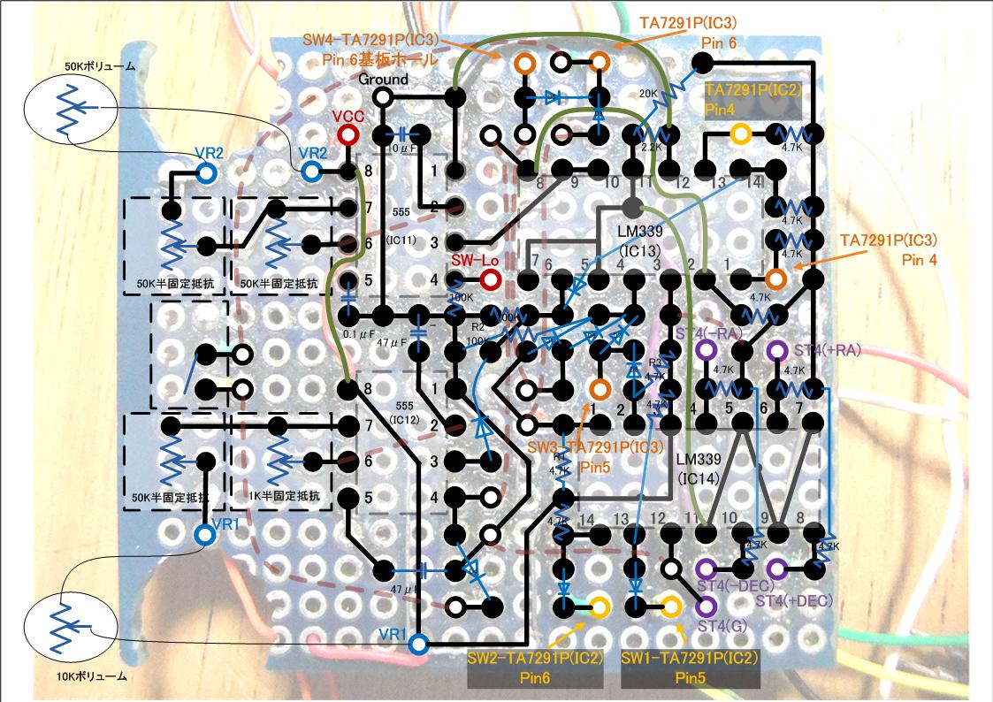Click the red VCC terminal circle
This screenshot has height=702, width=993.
[x=348, y=135]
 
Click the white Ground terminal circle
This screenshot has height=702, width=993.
[x=384, y=98]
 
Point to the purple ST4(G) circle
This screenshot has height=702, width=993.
[x=706, y=607]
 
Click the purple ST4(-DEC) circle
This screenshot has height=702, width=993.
[x=706, y=568]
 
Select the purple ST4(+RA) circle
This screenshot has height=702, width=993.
[x=777, y=351]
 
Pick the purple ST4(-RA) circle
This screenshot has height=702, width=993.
[x=706, y=351]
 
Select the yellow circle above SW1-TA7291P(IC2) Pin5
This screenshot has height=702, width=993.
[x=670, y=607]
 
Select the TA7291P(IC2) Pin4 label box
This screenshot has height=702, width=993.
[x=751, y=100]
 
